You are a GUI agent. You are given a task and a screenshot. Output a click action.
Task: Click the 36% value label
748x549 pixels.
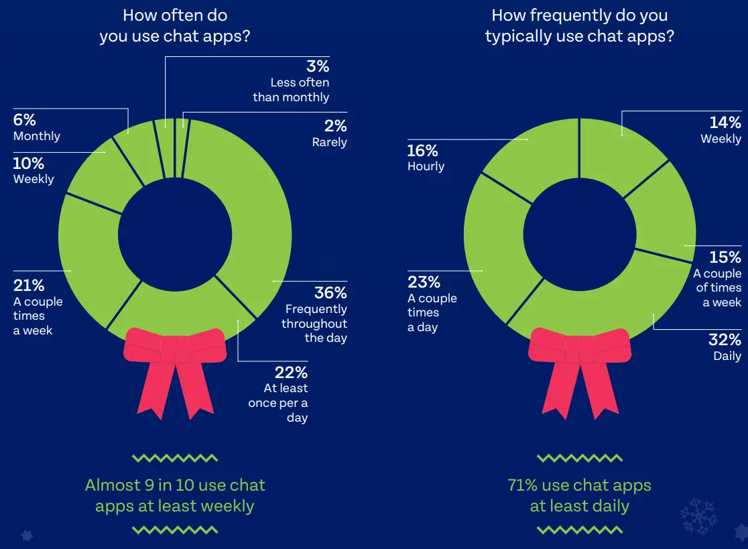pyautogui.click(x=330, y=293)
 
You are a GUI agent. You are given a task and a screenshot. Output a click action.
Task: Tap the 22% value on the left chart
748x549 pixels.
pyautogui.click(x=291, y=372)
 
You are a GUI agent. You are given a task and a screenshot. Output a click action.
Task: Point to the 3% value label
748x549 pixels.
pyautogui.click(x=317, y=66)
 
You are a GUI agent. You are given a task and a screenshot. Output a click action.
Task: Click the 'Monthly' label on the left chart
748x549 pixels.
pyautogui.click(x=37, y=136)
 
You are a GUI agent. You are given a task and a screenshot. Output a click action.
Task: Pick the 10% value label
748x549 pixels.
pyautogui.click(x=29, y=164)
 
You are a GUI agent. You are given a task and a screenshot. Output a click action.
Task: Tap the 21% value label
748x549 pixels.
pyautogui.click(x=29, y=286)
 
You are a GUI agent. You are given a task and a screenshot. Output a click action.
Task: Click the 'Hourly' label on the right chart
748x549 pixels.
pyautogui.click(x=426, y=166)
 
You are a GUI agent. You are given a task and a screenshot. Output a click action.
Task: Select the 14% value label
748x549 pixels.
pyautogui.click(x=725, y=123)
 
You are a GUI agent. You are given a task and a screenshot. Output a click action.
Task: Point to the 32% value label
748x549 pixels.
pyautogui.click(x=725, y=339)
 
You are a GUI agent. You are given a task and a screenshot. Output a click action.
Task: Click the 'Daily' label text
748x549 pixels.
pyautogui.click(x=727, y=356)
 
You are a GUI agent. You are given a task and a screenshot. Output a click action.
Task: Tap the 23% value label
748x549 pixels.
pyautogui.click(x=424, y=282)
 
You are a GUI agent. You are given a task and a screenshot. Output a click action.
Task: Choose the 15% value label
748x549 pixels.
pyautogui.click(x=725, y=257)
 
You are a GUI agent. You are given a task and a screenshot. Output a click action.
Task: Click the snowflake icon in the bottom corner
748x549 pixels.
pyautogui.click(x=698, y=515)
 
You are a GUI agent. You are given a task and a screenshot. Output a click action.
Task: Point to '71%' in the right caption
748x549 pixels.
pyautogui.click(x=526, y=485)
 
